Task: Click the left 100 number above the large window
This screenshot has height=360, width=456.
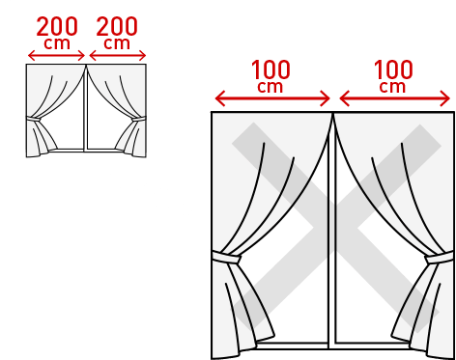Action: (272, 69)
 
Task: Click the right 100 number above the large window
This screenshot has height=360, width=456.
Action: (393, 69)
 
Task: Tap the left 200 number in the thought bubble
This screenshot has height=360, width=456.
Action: (57, 26)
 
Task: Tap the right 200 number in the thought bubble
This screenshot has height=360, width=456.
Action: (117, 26)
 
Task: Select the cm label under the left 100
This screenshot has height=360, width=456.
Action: (272, 87)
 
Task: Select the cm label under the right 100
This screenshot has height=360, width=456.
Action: (393, 87)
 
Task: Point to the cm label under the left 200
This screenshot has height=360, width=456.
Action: (57, 43)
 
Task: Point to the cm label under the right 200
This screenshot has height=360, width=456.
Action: (117, 43)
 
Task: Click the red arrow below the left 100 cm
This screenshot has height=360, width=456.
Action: (272, 98)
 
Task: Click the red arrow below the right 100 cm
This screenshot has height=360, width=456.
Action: (394, 98)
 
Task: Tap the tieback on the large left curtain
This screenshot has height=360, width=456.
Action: (229, 261)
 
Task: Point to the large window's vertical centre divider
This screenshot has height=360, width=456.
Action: (331, 241)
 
